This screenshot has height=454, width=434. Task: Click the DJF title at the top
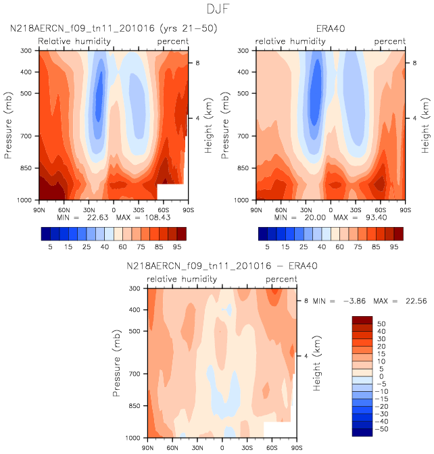point(217,10)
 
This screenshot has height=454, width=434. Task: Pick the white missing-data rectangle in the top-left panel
point(170,191)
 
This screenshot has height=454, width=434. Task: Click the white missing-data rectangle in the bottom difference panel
point(279,429)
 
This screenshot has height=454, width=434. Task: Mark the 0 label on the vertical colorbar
point(379,377)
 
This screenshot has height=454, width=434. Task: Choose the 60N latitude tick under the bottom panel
point(173,447)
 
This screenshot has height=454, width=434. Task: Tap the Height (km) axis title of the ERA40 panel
point(427,126)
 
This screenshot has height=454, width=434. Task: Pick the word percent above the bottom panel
point(281,279)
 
